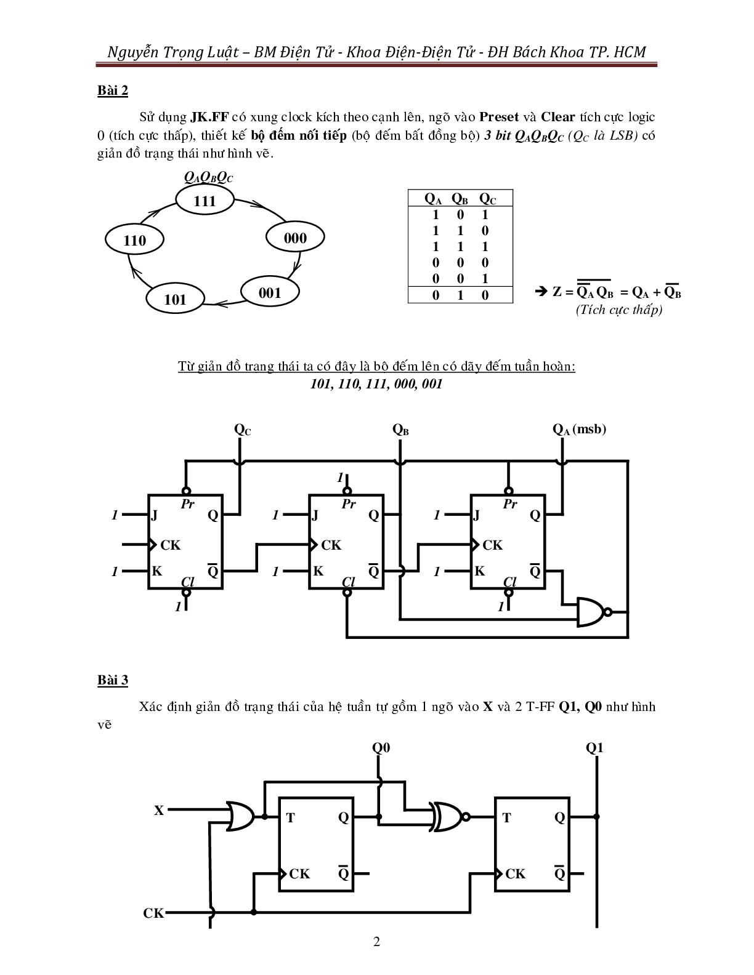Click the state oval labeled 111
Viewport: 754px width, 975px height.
pos(205,201)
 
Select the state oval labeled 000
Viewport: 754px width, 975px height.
pos(295,238)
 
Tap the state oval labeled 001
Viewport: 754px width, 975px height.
pos(270,292)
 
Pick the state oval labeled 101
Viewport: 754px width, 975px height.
pos(175,299)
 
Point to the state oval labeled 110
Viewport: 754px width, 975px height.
pos(134,240)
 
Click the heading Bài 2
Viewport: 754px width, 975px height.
pos(113,90)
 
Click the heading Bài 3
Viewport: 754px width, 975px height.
pos(113,680)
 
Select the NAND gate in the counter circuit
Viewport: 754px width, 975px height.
pos(591,612)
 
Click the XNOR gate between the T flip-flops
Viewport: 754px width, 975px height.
pos(450,817)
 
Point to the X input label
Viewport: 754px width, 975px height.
pos(159,811)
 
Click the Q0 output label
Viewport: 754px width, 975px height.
pos(381,748)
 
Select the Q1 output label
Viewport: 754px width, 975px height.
pos(594,748)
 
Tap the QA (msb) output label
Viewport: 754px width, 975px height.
pos(579,430)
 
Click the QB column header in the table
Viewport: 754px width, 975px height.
pos(460,199)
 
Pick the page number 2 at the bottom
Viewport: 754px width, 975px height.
pos(377,942)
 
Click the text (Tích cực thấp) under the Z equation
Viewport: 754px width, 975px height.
pos(619,310)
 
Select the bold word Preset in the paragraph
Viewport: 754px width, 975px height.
pos(499,117)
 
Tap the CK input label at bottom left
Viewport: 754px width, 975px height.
pos(153,913)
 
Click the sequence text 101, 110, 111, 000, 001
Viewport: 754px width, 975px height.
pos(376,384)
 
